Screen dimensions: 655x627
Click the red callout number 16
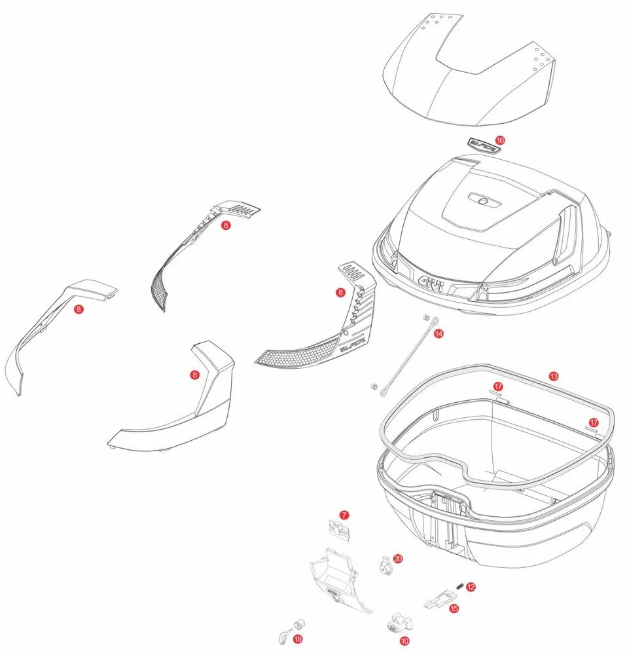(x=500, y=140)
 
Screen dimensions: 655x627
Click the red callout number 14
(x=438, y=333)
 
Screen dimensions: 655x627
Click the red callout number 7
(x=344, y=515)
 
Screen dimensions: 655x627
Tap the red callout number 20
(x=397, y=558)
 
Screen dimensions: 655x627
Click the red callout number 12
(x=471, y=587)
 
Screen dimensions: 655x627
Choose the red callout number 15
(x=454, y=608)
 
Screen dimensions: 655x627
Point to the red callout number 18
(x=298, y=639)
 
